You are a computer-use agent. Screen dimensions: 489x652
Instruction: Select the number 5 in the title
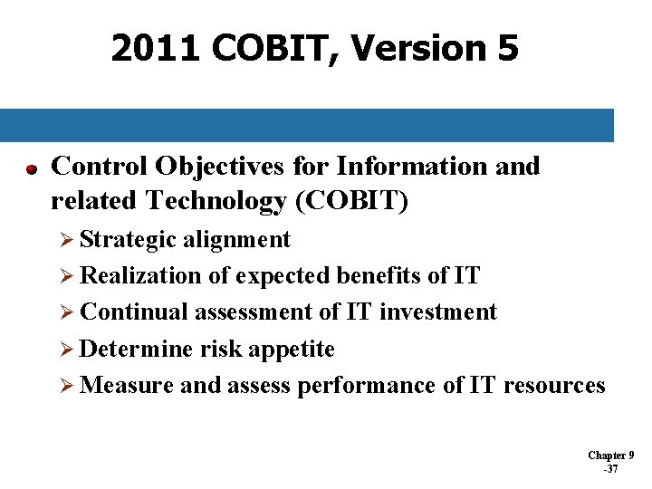(x=508, y=48)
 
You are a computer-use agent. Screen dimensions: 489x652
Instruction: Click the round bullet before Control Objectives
(x=31, y=169)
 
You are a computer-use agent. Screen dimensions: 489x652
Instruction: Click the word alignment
(x=236, y=239)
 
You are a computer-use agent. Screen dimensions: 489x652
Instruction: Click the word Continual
(x=127, y=312)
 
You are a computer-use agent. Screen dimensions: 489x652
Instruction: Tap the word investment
(x=438, y=312)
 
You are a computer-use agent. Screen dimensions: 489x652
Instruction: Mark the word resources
(x=554, y=386)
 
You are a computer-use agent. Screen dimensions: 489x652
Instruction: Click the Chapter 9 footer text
(x=611, y=455)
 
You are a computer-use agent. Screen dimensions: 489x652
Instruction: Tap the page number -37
(x=610, y=469)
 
